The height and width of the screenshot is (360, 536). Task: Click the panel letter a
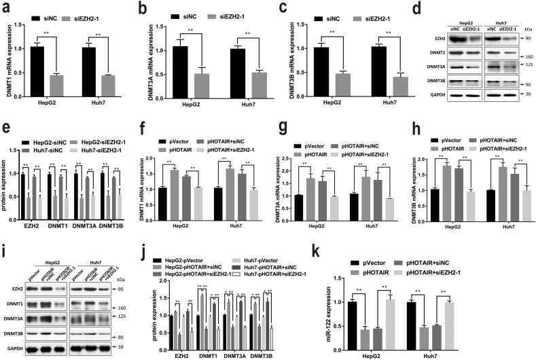[5, 9]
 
